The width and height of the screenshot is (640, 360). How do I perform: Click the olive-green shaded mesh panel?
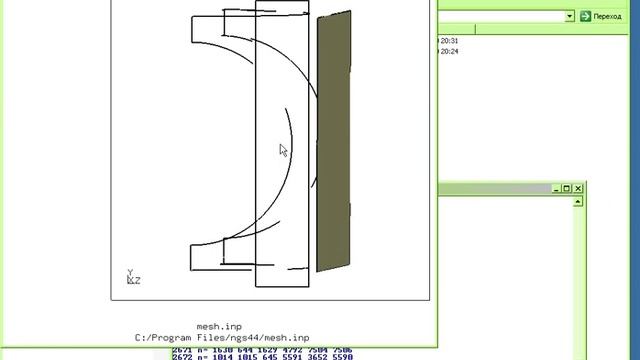point(334,140)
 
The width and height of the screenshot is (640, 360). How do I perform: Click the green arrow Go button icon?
point(585,16)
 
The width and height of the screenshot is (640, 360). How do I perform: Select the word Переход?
point(607,16)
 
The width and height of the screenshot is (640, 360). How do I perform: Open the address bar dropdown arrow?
point(569,16)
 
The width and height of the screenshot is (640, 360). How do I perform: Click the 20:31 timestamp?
point(449,41)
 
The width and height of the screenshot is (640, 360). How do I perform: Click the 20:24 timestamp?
point(449,51)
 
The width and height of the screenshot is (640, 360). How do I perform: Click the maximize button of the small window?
point(566,189)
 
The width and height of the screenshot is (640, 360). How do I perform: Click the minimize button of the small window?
point(555,189)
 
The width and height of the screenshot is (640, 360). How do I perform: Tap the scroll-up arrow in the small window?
point(578,201)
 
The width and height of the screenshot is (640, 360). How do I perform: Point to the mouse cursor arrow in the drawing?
point(283,150)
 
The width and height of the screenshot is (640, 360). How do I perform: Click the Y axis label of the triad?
point(129,272)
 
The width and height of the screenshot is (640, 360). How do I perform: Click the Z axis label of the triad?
point(137,281)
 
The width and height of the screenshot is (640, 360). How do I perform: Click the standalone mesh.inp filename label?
point(219,326)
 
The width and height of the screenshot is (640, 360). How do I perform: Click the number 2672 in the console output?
point(181,356)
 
